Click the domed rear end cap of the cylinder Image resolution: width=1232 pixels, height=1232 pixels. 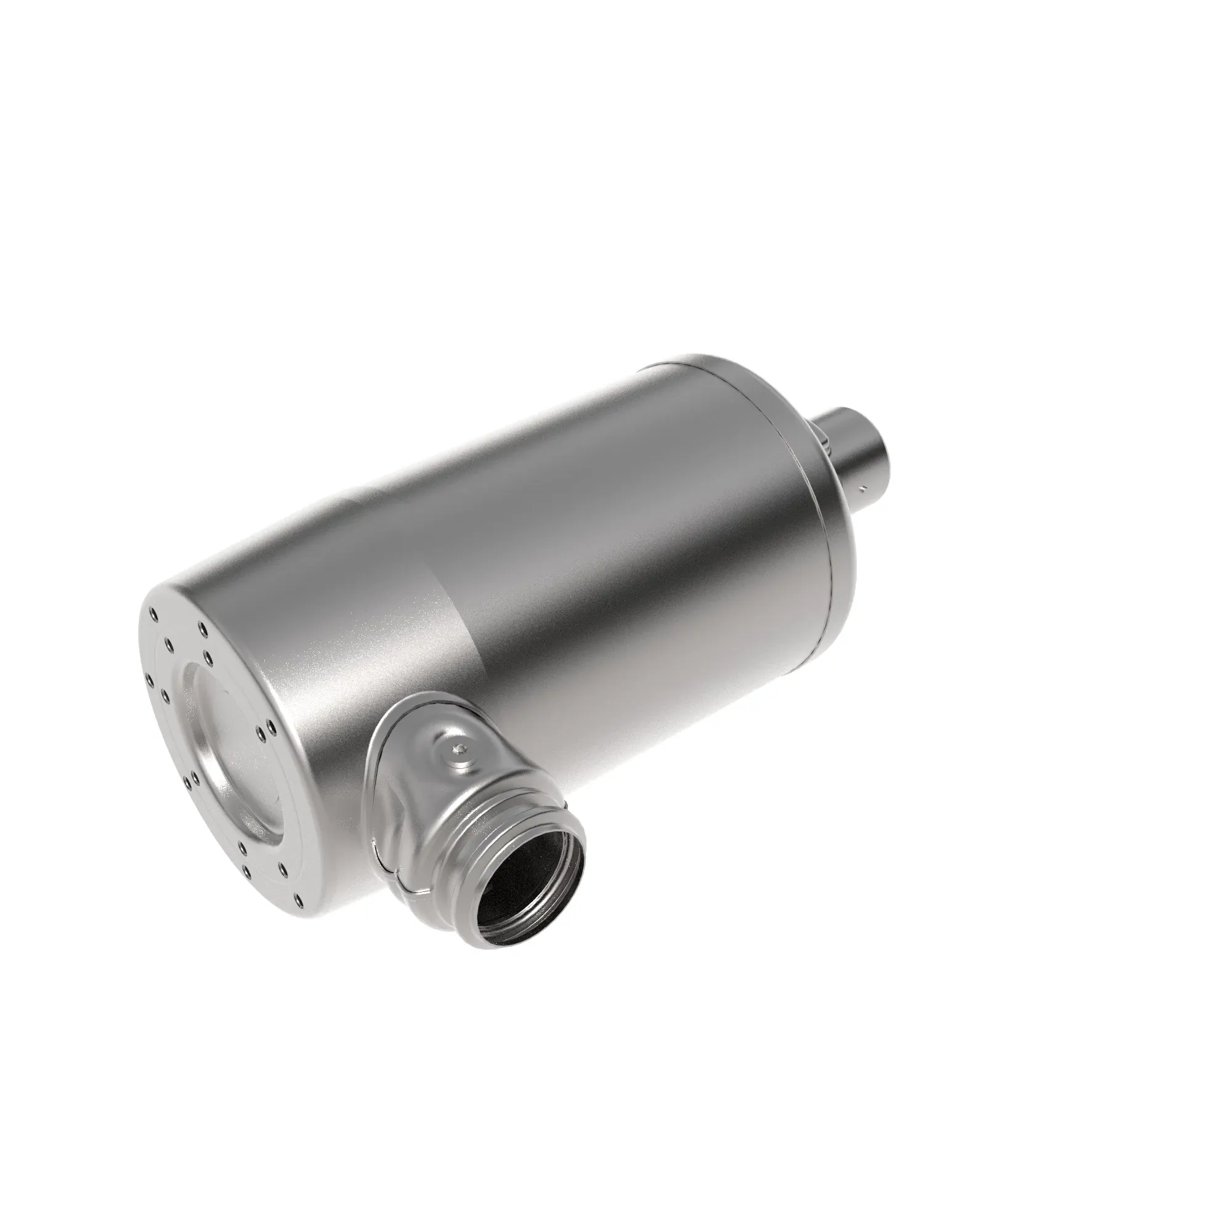822,510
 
